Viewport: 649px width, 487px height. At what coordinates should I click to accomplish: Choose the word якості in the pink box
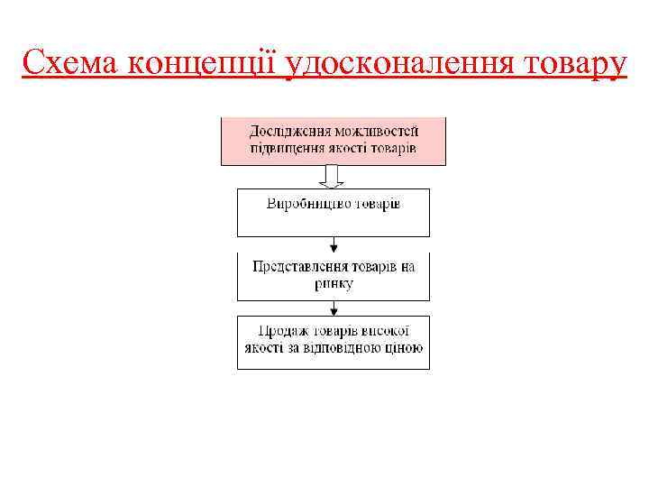click(x=357, y=148)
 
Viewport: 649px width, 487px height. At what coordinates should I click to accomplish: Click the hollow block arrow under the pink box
click(x=334, y=176)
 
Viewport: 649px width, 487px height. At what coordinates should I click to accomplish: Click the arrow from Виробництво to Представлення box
click(x=334, y=244)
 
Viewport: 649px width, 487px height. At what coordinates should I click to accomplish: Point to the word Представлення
click(x=304, y=268)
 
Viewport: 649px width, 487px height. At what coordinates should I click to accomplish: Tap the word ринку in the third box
click(x=334, y=284)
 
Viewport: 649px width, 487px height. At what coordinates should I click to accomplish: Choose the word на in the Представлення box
click(x=407, y=268)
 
